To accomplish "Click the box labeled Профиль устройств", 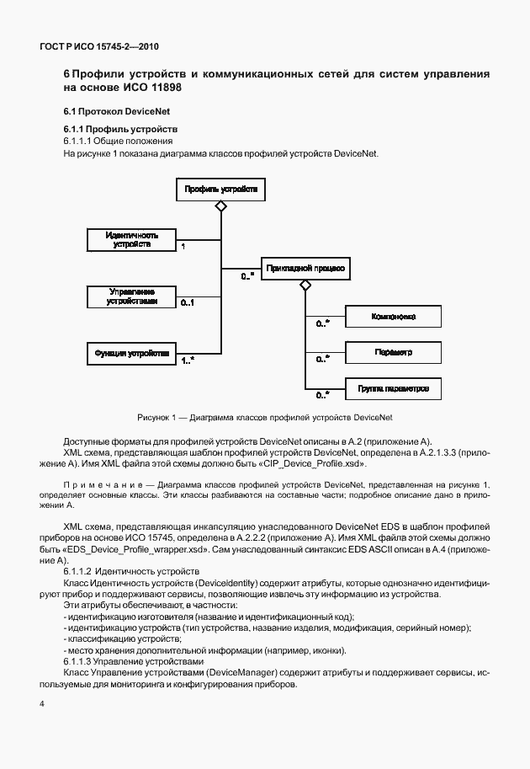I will (x=220, y=190).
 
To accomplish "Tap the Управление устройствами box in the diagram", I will (x=133, y=296).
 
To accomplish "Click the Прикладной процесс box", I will (x=305, y=269).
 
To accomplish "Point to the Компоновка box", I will (x=394, y=318).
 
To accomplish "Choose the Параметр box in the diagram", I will (x=394, y=352).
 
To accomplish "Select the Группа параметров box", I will (x=394, y=388).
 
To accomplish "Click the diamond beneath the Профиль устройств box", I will (x=220, y=206).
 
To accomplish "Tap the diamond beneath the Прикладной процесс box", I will (x=305, y=286).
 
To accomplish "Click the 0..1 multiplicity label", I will (x=188, y=303).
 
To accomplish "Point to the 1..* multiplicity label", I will (x=188, y=360).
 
